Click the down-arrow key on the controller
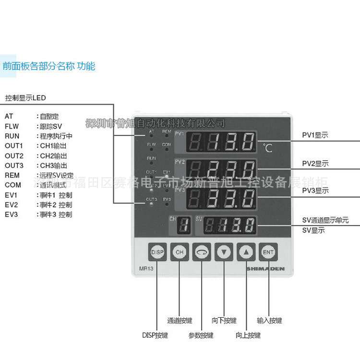click(x=224, y=252)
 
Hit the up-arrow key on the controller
click(x=246, y=252)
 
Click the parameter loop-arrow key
click(x=202, y=252)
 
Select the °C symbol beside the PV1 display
click(x=267, y=148)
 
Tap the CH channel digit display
click(x=182, y=226)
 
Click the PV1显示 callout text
click(x=315, y=135)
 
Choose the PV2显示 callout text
click(x=315, y=164)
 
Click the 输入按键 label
click(x=269, y=321)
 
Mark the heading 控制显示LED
click(x=25, y=98)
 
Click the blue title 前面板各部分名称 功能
click(x=48, y=66)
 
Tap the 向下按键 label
click(x=224, y=321)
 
